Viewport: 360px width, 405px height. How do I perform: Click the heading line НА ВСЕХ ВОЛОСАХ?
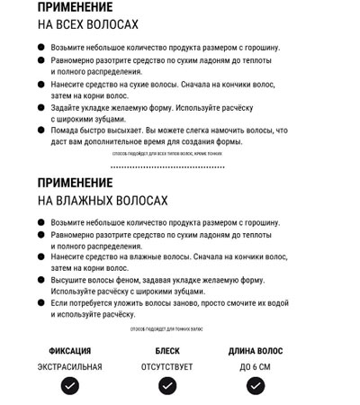pyautogui.click(x=88, y=24)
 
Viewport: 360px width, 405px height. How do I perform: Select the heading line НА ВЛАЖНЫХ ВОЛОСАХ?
pyautogui.click(x=102, y=200)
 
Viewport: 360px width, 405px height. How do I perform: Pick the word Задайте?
pyautogui.click(x=70, y=107)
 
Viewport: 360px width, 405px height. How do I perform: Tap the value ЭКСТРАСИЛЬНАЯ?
pyautogui.click(x=70, y=367)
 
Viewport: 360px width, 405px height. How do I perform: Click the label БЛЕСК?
pyautogui.click(x=167, y=351)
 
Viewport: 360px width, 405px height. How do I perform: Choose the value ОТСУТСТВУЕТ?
pyautogui.click(x=167, y=367)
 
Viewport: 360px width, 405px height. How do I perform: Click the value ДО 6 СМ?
pyautogui.click(x=255, y=367)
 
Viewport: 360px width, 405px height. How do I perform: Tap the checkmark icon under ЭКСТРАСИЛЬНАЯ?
pyautogui.click(x=70, y=387)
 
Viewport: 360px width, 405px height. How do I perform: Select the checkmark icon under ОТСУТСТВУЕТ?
pyautogui.click(x=167, y=387)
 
